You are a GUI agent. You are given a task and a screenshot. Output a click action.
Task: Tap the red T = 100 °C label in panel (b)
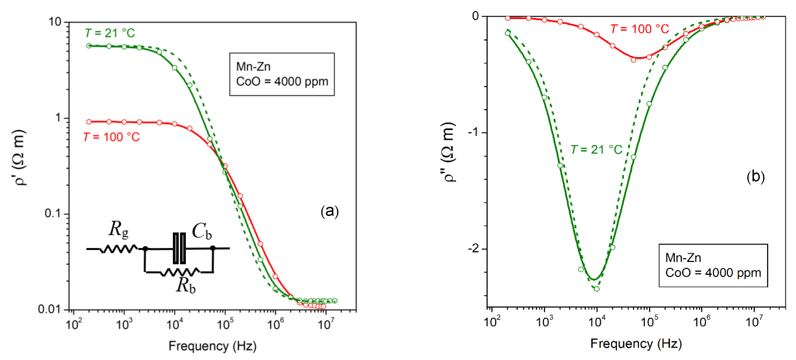pos(639,29)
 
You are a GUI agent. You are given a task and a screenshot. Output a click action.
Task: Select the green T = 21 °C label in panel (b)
pos(596,150)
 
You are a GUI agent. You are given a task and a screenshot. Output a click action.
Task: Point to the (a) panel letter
pos(329,211)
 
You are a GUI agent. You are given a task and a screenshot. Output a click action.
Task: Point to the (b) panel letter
pos(755,177)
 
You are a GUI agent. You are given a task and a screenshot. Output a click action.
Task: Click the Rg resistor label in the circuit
pos(118,230)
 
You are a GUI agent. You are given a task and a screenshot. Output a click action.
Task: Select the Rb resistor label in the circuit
pos(185,285)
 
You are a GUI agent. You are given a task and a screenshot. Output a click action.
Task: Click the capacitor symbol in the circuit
pos(179,248)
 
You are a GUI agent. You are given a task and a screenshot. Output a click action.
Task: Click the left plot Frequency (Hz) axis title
pos(212,346)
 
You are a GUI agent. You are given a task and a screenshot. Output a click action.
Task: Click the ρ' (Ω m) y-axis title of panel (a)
pos(19,158)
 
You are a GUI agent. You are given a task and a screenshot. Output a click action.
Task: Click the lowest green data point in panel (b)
pos(597,289)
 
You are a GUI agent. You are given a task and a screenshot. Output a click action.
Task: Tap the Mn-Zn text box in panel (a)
pos(282,74)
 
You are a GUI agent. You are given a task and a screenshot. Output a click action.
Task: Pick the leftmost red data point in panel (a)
pos(89,122)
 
